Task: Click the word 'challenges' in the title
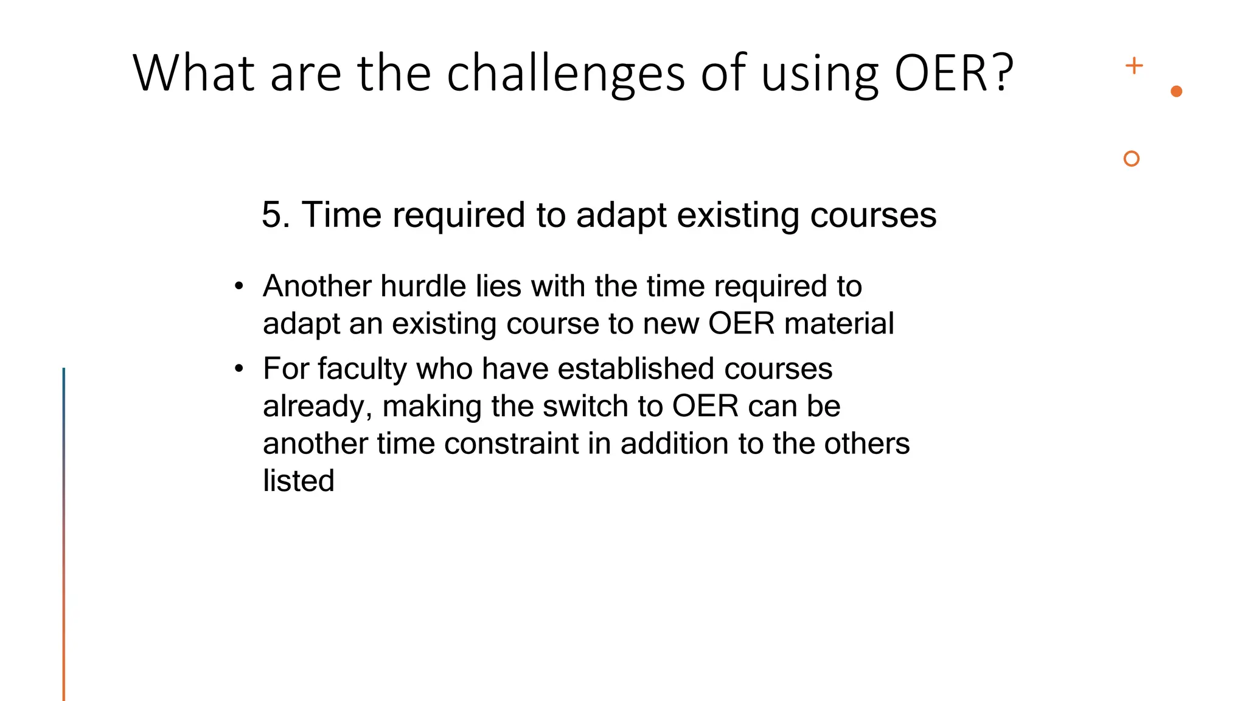tap(566, 74)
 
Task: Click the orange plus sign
tap(1133, 66)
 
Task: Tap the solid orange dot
tap(1176, 91)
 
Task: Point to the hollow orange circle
tap(1131, 159)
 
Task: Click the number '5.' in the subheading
tap(276, 215)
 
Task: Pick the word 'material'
tap(839, 323)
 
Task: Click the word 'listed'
tap(298, 481)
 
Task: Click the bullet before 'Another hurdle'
tap(239, 286)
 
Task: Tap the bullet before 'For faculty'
tap(239, 369)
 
